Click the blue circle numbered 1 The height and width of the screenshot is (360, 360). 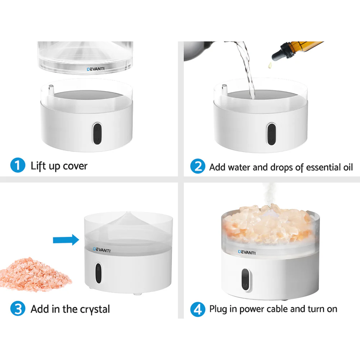18,166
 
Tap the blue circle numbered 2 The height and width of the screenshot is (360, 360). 197,167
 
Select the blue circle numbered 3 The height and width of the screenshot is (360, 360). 18,309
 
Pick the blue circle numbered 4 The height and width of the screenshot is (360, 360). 197,309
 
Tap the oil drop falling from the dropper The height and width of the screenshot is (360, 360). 268,65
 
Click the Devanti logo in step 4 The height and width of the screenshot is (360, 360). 247,252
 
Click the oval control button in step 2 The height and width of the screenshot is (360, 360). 271,134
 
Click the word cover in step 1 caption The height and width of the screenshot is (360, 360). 75,166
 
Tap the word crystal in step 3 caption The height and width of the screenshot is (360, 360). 93,309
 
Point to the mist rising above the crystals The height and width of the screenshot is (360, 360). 269,194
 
